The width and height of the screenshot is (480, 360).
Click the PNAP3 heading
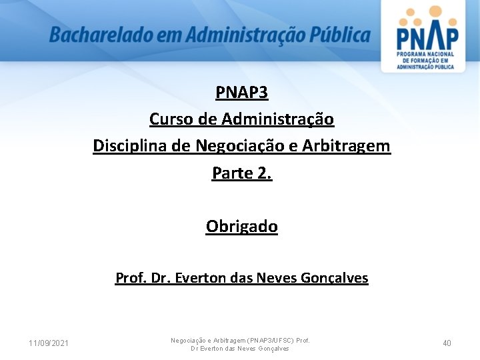click(x=241, y=92)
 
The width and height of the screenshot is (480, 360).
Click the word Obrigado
click(x=241, y=227)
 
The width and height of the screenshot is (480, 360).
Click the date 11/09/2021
click(x=48, y=343)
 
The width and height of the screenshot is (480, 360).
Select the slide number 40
click(x=447, y=343)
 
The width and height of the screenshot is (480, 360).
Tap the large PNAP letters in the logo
click(x=427, y=37)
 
